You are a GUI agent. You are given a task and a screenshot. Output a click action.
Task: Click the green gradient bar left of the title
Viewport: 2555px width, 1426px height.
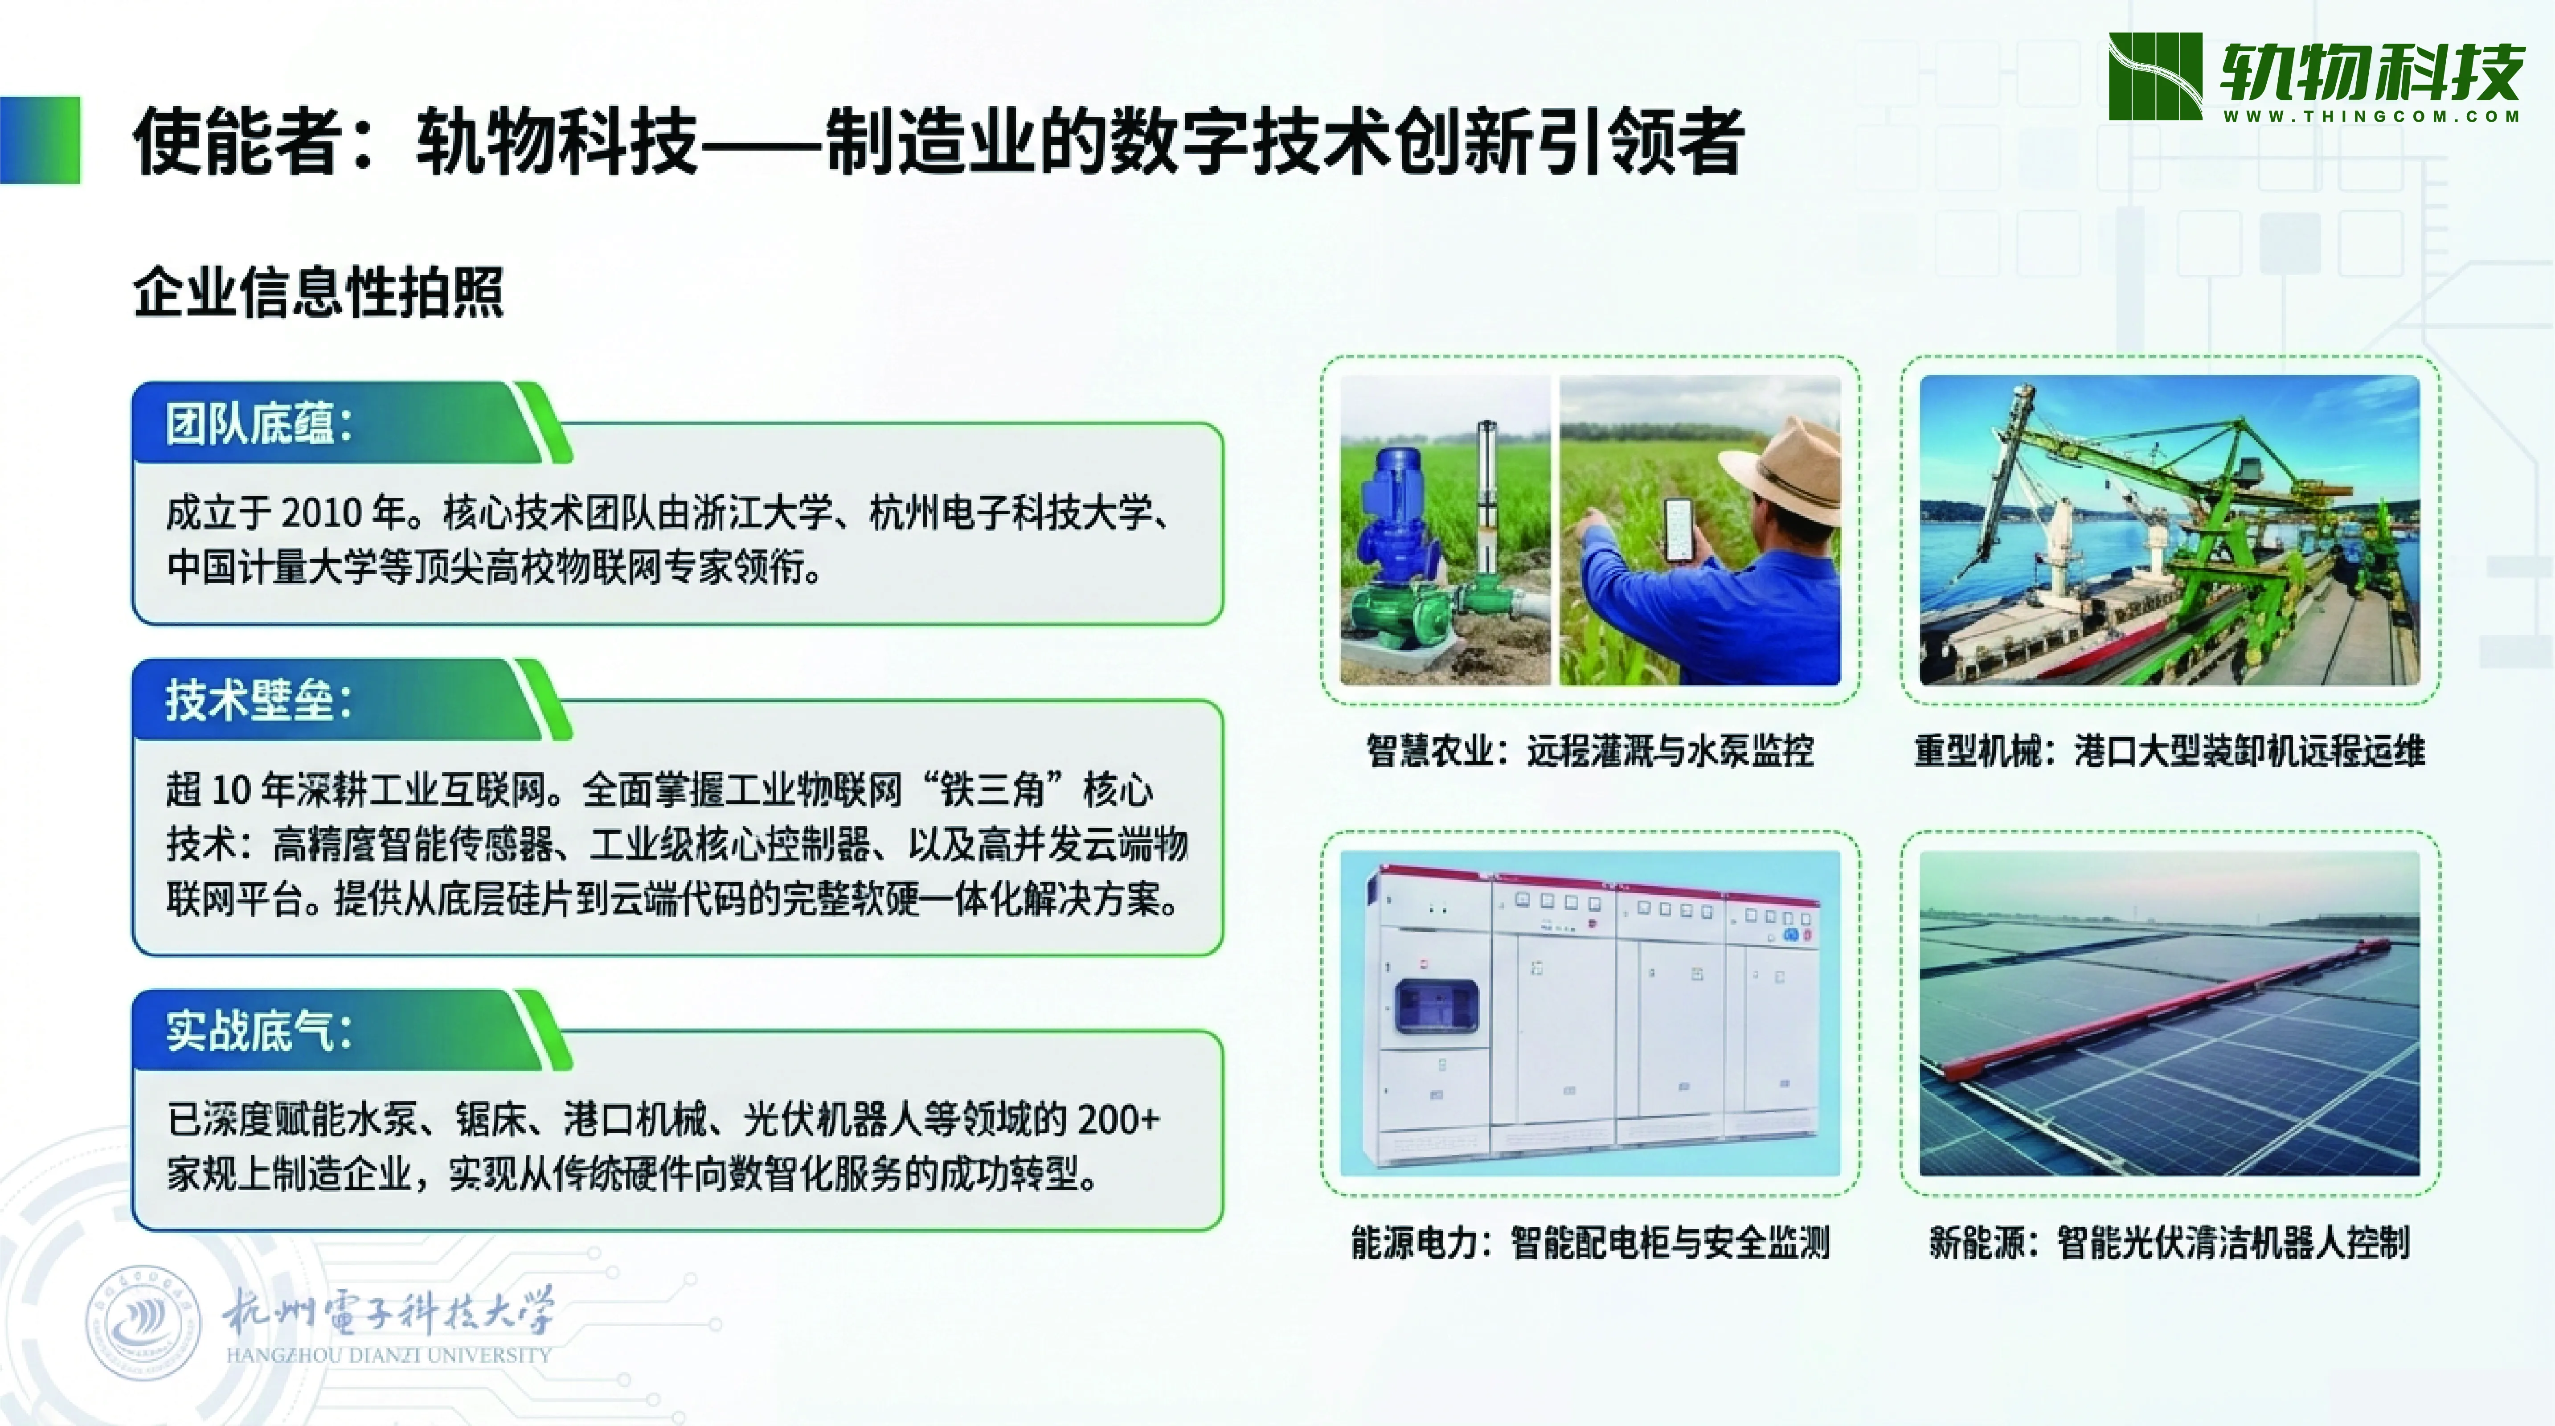(x=40, y=140)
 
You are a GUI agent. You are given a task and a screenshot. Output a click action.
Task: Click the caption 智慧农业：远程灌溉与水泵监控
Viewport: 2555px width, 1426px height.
(x=1590, y=751)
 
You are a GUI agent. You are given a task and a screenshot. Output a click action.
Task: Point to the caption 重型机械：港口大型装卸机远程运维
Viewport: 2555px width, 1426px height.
(x=2169, y=751)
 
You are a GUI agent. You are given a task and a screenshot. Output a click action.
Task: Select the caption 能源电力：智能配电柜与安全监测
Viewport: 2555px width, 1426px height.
(x=1590, y=1242)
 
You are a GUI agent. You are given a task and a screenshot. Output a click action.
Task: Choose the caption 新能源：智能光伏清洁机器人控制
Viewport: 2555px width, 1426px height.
(x=2169, y=1242)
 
